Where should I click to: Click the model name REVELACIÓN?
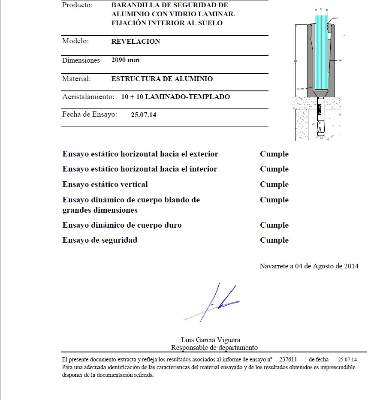(136, 42)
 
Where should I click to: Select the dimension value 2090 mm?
(125, 60)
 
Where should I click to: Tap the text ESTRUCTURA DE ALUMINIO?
(162, 79)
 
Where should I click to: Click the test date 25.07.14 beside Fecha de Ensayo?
(143, 115)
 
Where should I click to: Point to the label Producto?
(77, 5)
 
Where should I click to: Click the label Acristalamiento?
(88, 97)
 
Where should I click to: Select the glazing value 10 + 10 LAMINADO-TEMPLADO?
(175, 97)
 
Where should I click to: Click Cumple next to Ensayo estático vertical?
(274, 184)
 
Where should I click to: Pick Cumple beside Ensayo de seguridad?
(274, 240)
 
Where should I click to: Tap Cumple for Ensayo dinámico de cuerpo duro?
(274, 225)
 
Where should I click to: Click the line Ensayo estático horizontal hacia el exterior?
(140, 154)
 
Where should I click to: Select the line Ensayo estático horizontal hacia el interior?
(140, 169)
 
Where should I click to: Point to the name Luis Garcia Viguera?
(211, 340)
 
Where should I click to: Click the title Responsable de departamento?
(214, 348)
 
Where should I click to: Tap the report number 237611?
(288, 360)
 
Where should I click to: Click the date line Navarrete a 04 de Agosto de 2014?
(309, 266)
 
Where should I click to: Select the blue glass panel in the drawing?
(320, 51)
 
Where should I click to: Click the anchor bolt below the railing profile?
(320, 118)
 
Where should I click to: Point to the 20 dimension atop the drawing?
(320, 9)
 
